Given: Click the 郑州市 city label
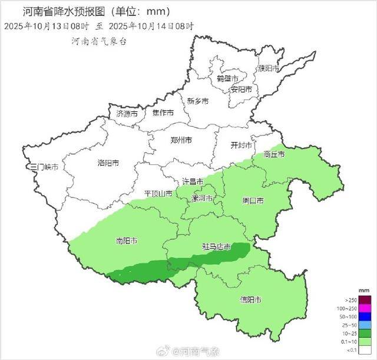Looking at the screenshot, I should pos(180,141).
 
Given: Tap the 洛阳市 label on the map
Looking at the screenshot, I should pos(108,163).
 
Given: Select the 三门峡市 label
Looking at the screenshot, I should pos(45,167).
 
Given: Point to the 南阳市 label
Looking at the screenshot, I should pos(127,241).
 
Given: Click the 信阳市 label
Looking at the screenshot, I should pos(252,300).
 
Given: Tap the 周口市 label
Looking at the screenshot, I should pos(253,201).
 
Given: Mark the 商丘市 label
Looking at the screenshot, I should pos(274,154).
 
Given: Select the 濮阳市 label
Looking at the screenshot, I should pos(269,68).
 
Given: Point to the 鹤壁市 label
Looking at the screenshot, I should pos(227,78).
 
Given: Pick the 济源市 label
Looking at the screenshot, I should pos(127,113).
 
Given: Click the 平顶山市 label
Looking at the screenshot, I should pos(158,193).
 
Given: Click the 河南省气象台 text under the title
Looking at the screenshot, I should pos(99,41).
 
